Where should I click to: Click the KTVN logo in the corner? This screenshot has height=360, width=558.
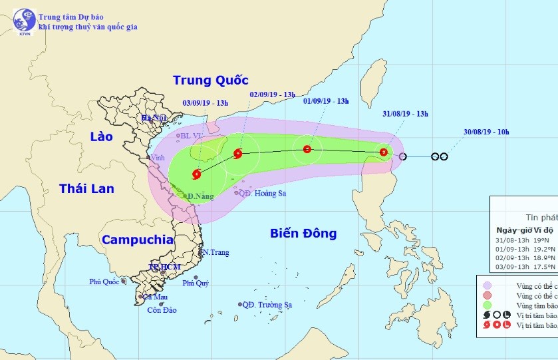25,21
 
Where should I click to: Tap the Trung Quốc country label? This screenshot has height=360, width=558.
210,81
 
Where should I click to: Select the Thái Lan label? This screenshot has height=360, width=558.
86,188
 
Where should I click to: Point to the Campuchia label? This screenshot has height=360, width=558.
138,240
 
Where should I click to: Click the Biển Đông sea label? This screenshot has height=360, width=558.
304,233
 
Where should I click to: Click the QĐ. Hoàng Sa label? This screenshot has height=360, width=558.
263,193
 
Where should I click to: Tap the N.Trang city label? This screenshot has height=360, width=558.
216,252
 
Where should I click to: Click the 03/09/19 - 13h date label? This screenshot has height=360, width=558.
206,102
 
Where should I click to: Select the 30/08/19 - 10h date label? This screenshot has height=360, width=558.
487,132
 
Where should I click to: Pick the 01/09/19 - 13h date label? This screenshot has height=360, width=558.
326,100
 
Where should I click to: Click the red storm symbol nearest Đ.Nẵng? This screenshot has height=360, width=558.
196,175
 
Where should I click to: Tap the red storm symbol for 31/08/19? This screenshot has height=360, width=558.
384,153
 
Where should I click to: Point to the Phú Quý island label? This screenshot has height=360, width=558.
196,283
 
